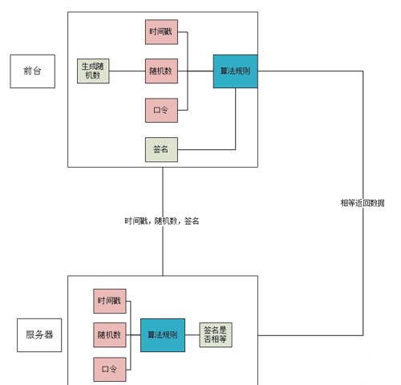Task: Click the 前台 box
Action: pos(33,71)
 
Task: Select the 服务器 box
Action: pos(38,334)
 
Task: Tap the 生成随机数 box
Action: pos(93,71)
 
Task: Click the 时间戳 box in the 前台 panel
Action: pos(160,33)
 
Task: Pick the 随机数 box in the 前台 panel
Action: pos(160,71)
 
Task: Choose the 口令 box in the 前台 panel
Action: pos(160,109)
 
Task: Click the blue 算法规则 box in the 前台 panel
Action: pos(235,71)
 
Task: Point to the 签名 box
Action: pos(160,149)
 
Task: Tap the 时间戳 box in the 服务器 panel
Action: pos(109,301)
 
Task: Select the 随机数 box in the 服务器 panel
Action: pos(109,334)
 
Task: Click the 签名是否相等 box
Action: pos(215,334)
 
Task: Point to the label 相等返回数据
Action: pos(363,203)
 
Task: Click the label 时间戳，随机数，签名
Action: pos(161,221)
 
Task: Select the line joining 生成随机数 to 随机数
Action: pos(127,71)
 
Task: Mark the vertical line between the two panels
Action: pos(163,249)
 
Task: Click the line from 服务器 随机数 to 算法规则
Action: pos(132,334)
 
